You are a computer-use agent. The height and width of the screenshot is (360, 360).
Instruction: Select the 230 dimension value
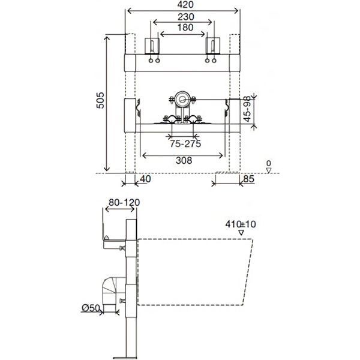182,17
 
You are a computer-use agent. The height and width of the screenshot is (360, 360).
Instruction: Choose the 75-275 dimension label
184,144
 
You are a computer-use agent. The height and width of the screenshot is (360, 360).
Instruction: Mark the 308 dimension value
183,160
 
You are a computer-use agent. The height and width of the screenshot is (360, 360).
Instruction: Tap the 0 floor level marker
269,163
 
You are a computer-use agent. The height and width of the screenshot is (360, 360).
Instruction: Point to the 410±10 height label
241,224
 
